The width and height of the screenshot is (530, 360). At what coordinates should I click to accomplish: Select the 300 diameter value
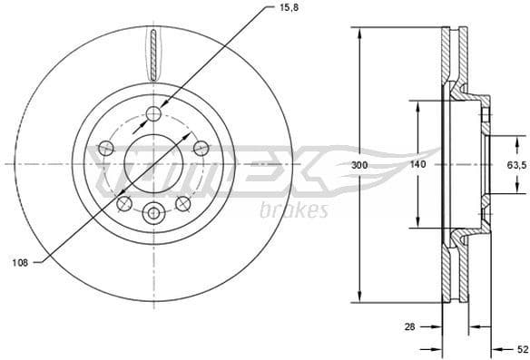360,165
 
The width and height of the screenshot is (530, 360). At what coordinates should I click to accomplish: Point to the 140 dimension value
417,165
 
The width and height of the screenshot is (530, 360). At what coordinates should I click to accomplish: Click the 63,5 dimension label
515,165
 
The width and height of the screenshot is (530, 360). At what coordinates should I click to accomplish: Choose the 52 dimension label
521,346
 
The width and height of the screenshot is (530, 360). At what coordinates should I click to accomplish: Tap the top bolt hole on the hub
153,114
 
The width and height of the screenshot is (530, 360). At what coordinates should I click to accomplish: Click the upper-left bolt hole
106,148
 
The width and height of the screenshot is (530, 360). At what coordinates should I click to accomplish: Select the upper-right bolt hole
200,148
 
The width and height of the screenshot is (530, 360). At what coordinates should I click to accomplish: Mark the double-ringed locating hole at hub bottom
153,214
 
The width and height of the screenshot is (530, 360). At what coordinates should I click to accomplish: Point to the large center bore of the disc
153,164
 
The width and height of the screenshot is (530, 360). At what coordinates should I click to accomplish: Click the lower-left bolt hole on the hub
124,202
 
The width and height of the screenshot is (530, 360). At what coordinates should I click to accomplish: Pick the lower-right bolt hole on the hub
182,202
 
